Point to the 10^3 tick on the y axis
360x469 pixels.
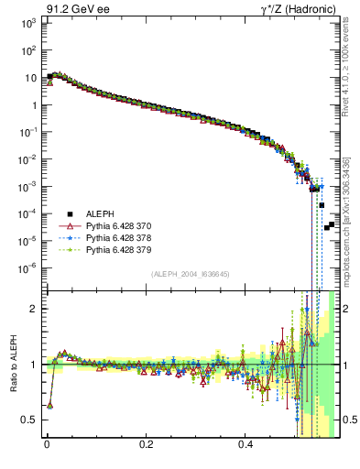pos(27,23)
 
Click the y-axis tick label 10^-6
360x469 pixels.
pos(27,268)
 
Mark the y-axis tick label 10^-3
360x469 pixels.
pos(27,186)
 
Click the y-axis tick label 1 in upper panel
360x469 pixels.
pos(32,105)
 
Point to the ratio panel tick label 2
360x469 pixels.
pos(32,309)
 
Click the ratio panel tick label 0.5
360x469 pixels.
pos(28,420)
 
